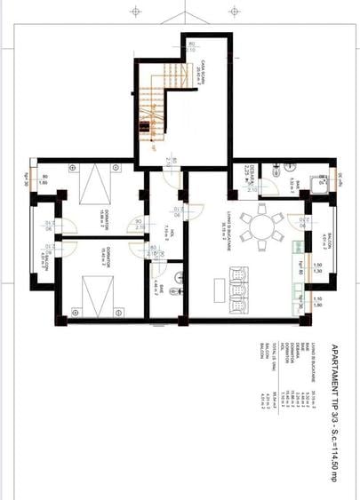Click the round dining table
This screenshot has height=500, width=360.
262,226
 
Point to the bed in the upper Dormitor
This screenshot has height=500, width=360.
92,187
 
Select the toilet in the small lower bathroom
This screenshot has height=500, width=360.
180,279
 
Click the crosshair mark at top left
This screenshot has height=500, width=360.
135,12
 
